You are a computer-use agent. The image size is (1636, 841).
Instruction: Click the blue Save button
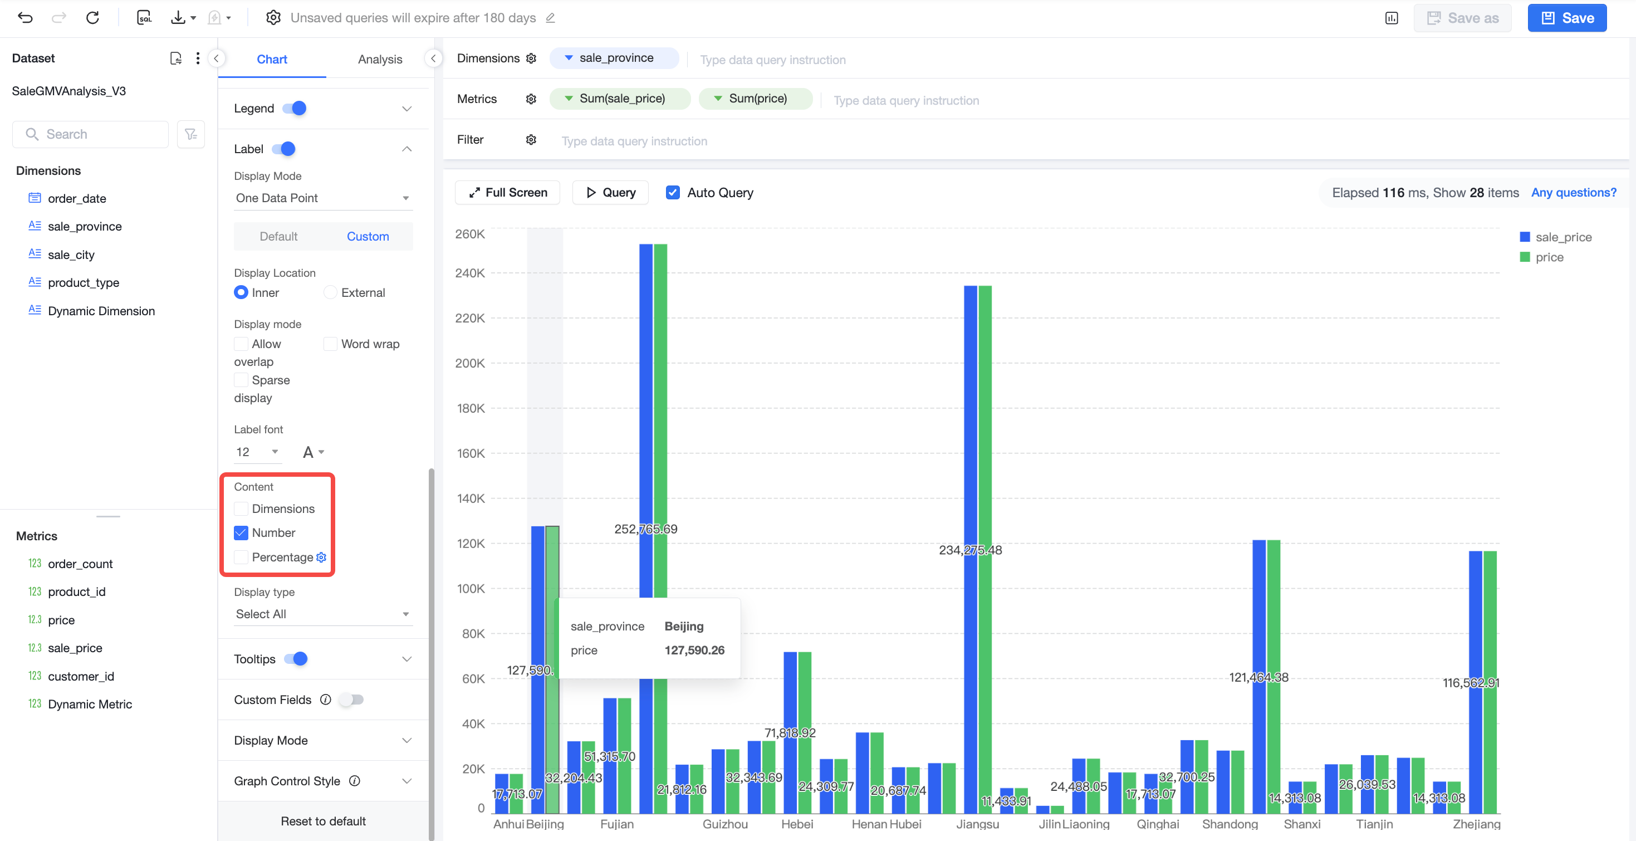click(x=1567, y=18)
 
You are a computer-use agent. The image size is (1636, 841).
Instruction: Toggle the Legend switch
click(x=295, y=109)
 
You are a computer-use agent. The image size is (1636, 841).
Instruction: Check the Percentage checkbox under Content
click(x=241, y=557)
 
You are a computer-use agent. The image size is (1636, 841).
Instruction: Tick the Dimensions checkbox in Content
click(x=241, y=509)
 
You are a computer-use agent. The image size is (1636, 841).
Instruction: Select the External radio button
click(x=330, y=292)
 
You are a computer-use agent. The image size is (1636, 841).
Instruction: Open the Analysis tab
click(x=380, y=59)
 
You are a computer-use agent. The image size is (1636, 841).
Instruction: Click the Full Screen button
click(x=507, y=193)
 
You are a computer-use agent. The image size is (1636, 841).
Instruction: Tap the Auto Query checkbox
click(x=673, y=193)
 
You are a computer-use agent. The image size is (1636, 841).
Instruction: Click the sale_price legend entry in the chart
click(x=1556, y=237)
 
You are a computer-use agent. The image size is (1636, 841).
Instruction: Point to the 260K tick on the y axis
click(x=470, y=234)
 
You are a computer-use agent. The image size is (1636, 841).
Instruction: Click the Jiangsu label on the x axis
click(x=977, y=824)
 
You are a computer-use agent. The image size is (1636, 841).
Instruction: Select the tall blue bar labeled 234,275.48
click(x=971, y=550)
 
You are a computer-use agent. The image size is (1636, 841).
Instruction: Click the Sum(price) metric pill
click(x=755, y=99)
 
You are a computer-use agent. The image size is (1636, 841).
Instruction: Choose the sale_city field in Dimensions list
click(x=71, y=255)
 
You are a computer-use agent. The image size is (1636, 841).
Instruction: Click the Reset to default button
click(x=324, y=822)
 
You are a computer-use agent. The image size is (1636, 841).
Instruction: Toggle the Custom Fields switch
click(x=351, y=700)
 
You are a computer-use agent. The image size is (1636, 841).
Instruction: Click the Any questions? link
click(x=1574, y=193)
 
